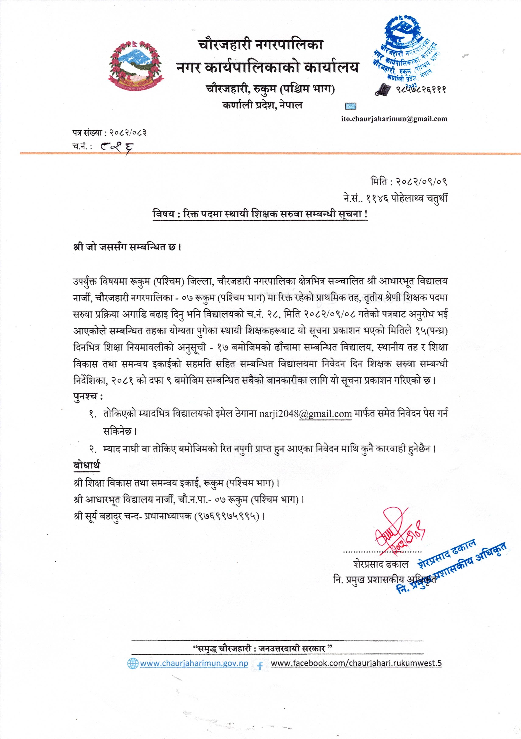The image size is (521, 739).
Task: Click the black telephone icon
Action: (x=383, y=89)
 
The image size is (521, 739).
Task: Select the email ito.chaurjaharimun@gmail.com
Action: (x=394, y=119)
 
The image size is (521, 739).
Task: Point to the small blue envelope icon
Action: (x=350, y=106)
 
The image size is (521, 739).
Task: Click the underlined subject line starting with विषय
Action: (x=260, y=214)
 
